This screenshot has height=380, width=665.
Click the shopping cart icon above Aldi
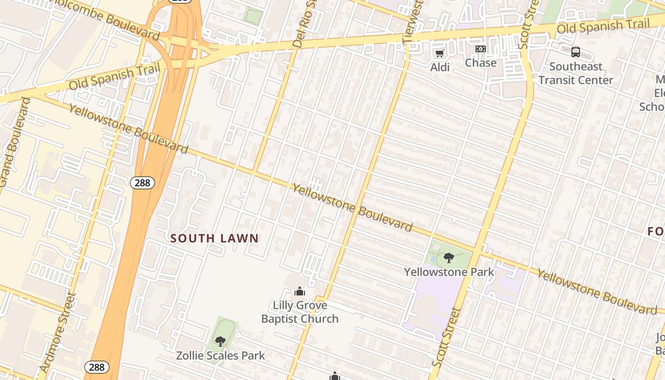pos(440,53)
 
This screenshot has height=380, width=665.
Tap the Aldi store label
pos(440,67)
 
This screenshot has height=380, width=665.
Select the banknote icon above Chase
pos(481,49)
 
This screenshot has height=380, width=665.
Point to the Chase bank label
pos(481,63)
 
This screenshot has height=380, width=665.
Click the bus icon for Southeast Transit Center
pos(576,52)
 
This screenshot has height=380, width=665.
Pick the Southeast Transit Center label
pos(576,73)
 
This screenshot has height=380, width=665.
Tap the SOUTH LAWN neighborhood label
pos(215,238)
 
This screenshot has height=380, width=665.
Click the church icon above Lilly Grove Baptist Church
pos(300,291)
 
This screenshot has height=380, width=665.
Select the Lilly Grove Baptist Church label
pos(300,312)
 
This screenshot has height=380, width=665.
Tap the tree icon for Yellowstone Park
pos(448,258)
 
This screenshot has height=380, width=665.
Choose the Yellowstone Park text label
pos(449,272)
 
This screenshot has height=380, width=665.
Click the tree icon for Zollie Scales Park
pos(220,341)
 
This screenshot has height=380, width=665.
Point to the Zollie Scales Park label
pos(220,355)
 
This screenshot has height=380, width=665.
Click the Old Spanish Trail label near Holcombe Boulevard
pos(114,76)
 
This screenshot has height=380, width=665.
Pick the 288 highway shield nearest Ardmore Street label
pos(97,367)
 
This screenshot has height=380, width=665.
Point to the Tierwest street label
pos(412,23)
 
